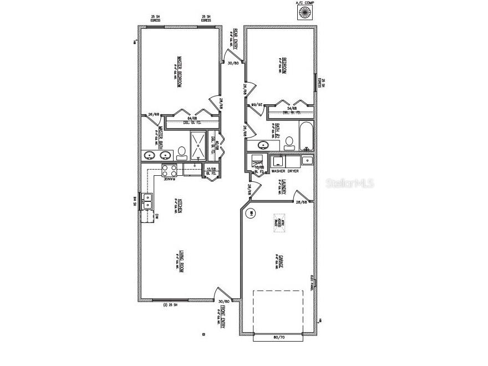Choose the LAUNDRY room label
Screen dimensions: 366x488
click(x=284, y=187)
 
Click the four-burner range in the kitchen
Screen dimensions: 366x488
click(x=169, y=171)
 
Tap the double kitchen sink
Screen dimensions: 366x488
click(x=147, y=201)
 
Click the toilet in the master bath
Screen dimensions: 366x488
click(x=181, y=152)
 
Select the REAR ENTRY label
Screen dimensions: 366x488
click(x=236, y=39)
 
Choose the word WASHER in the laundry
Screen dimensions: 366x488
click(x=278, y=171)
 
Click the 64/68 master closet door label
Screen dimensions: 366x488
click(x=192, y=118)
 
